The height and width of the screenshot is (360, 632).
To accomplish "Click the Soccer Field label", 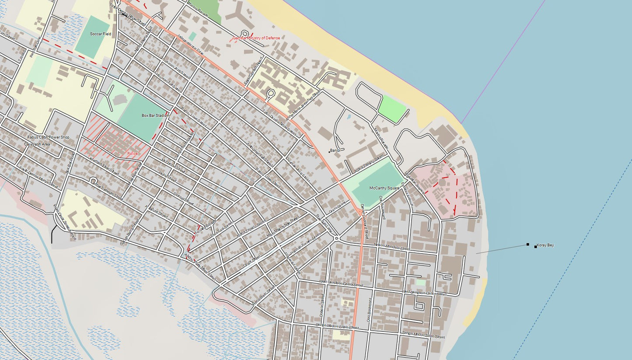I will (x=101, y=34).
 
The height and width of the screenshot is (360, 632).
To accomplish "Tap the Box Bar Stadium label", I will (x=155, y=115).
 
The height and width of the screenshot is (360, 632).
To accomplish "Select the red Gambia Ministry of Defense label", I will (x=256, y=38).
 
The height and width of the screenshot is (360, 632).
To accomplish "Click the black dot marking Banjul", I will (x=329, y=152).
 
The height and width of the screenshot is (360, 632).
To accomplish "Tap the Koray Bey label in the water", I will (x=545, y=245).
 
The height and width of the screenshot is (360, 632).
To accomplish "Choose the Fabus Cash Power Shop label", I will (x=48, y=137).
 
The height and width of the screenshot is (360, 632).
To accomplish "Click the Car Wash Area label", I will (x=37, y=144).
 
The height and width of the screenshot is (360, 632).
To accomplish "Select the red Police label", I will (x=132, y=154).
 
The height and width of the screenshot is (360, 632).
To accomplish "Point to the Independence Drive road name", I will (x=191, y=45).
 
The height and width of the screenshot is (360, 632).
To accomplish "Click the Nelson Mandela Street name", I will (x=392, y=247).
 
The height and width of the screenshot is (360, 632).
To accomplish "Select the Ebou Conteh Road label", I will (x=254, y=71).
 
